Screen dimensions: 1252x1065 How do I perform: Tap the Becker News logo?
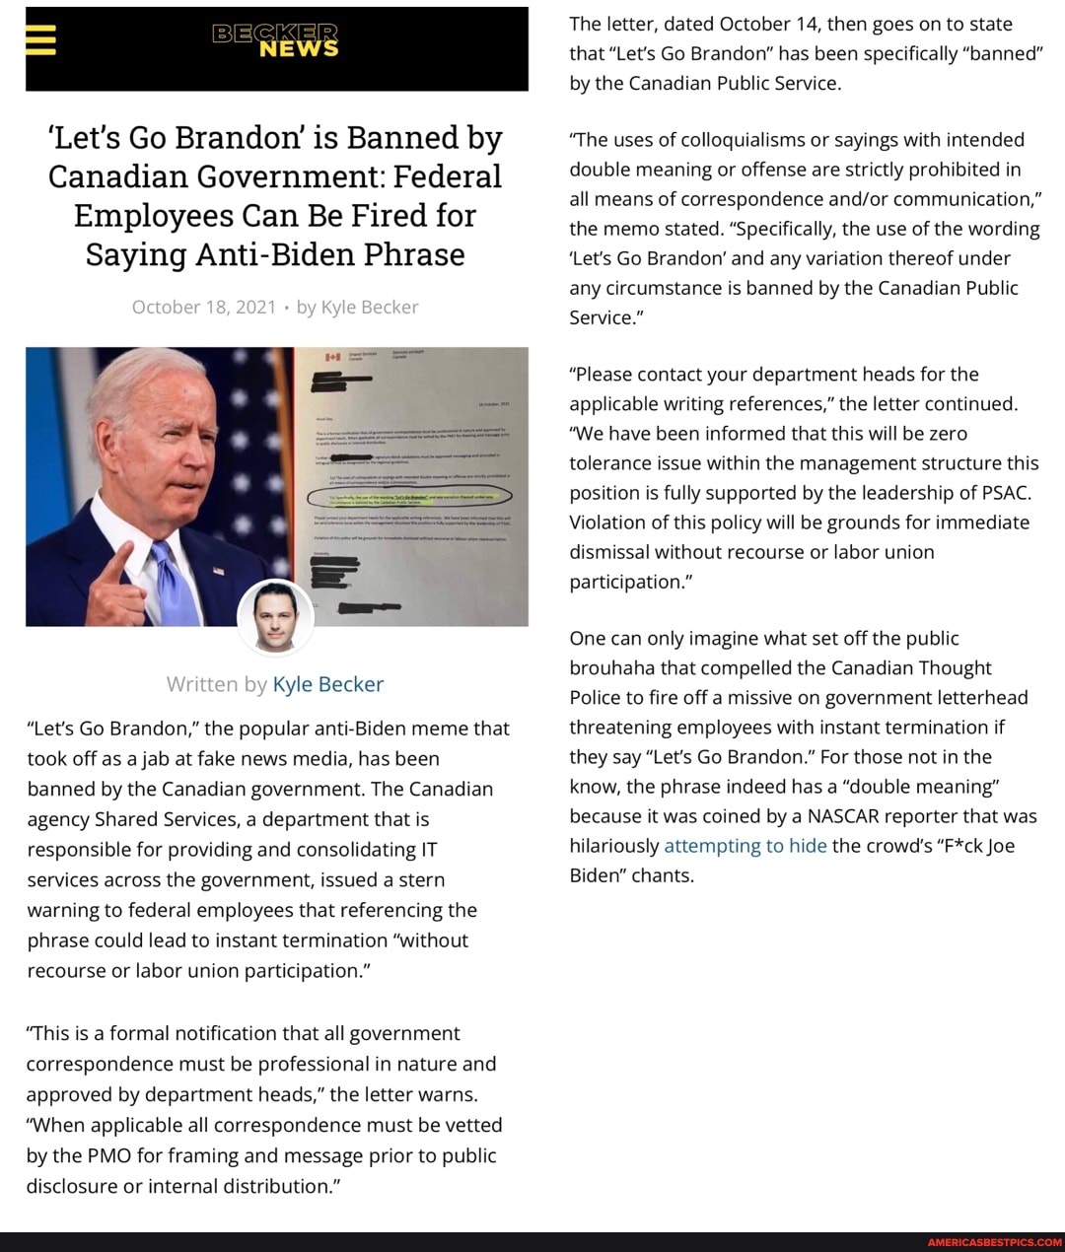[x=275, y=39]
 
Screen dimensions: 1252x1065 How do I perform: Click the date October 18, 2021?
[x=204, y=307]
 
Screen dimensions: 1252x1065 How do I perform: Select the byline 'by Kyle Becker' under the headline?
[x=357, y=307]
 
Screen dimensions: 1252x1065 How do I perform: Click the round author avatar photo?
[x=276, y=617]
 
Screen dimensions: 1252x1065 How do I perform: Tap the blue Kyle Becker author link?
[x=327, y=684]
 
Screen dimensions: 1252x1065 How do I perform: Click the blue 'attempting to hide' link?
[x=745, y=846]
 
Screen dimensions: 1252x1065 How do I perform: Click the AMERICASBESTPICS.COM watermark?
[x=994, y=1242]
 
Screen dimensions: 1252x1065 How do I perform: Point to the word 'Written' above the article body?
[x=203, y=684]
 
